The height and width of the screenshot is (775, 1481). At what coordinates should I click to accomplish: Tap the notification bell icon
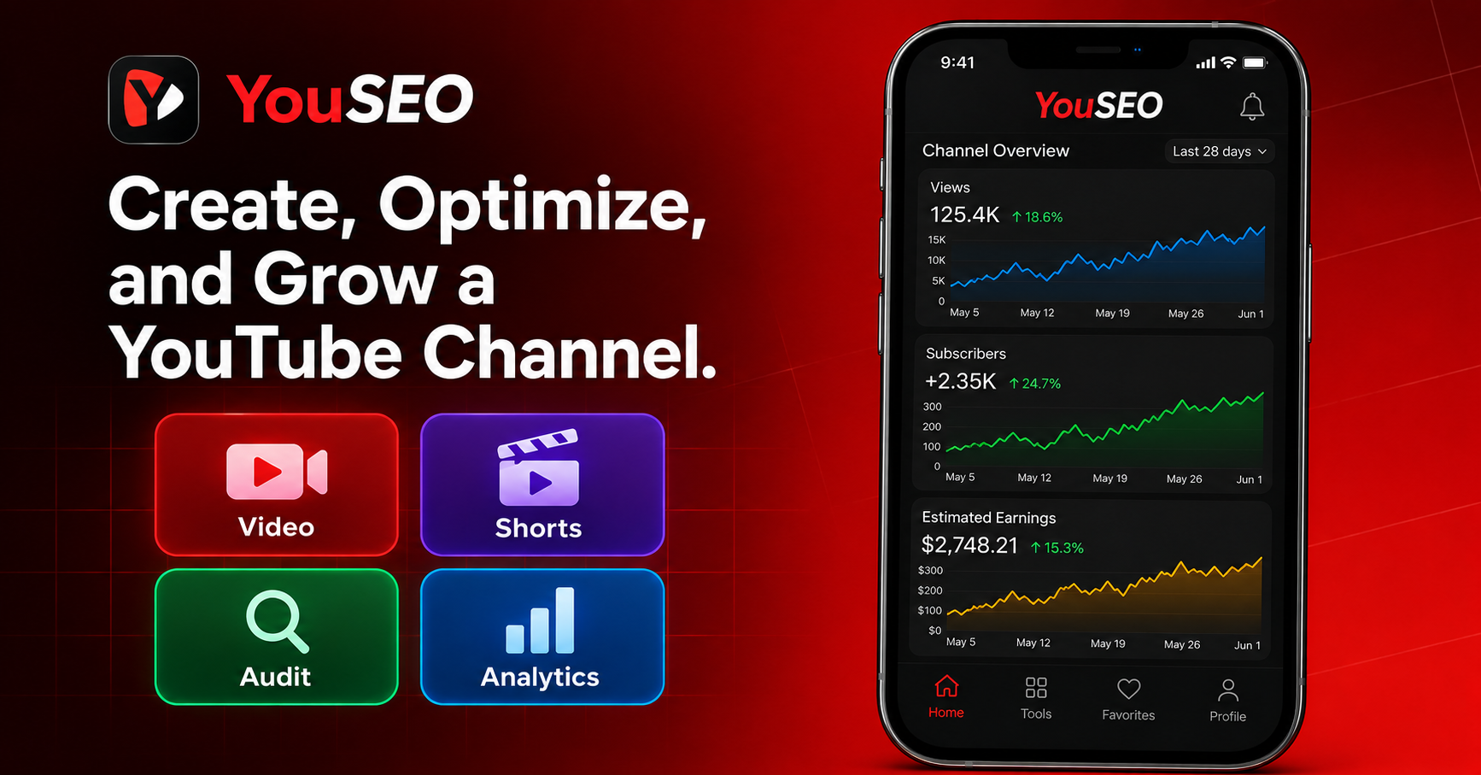pyautogui.click(x=1252, y=107)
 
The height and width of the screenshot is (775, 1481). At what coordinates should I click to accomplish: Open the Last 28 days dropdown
pyautogui.click(x=1220, y=151)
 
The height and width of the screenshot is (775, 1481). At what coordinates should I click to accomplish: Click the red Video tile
pyautogui.click(x=277, y=484)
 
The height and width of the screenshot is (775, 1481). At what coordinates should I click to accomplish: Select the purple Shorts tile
pyautogui.click(x=542, y=484)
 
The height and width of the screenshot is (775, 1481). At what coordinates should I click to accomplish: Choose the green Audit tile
pyautogui.click(x=277, y=637)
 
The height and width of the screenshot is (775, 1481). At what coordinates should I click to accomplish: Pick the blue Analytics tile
pyautogui.click(x=542, y=637)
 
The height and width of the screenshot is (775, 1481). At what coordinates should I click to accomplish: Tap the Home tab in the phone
pyautogui.click(x=946, y=697)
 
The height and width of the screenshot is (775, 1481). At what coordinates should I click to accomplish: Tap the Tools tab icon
pyautogui.click(x=1036, y=688)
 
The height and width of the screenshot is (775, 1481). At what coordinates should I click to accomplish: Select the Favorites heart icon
pyautogui.click(x=1129, y=689)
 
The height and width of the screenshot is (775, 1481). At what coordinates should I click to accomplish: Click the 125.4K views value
pyautogui.click(x=964, y=214)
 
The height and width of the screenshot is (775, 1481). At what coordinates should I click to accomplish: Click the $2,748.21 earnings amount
pyautogui.click(x=969, y=545)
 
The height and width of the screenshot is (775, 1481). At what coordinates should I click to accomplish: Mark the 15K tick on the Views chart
pyautogui.click(x=937, y=240)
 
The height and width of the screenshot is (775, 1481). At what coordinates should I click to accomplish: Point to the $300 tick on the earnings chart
pyautogui.click(x=930, y=570)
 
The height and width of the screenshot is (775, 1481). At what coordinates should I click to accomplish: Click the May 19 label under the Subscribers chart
pyautogui.click(x=1109, y=479)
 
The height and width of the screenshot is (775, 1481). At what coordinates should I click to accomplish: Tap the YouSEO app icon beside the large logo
pyautogui.click(x=154, y=100)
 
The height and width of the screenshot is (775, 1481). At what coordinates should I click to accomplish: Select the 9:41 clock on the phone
pyautogui.click(x=957, y=62)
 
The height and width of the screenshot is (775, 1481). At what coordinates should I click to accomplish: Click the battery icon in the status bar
pyautogui.click(x=1255, y=62)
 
